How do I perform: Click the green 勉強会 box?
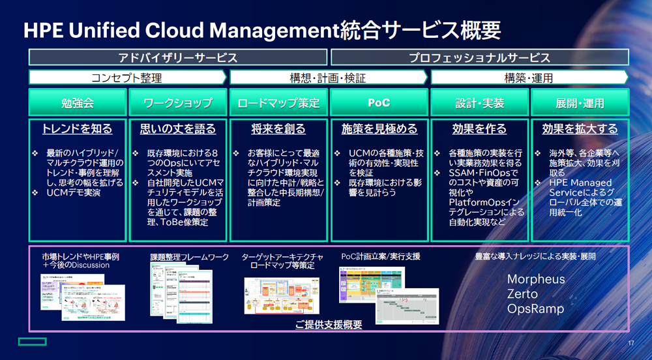click(x=78, y=103)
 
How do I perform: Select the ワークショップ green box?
click(x=178, y=103)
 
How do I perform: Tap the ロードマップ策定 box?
click(x=278, y=103)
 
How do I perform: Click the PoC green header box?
click(x=379, y=103)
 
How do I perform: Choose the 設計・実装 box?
click(x=479, y=103)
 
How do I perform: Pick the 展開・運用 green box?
click(x=580, y=103)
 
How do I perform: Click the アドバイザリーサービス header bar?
click(x=178, y=57)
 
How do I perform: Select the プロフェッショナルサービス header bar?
click(x=479, y=57)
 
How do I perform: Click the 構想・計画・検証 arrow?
click(x=328, y=78)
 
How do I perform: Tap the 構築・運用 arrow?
click(x=529, y=78)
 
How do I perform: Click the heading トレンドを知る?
click(x=78, y=129)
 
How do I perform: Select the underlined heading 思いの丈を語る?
click(x=178, y=129)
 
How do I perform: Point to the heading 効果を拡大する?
click(x=580, y=129)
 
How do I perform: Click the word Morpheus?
click(x=536, y=280)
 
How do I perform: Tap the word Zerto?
click(x=522, y=294)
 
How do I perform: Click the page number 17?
click(x=630, y=344)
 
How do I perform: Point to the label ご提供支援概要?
click(x=328, y=324)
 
